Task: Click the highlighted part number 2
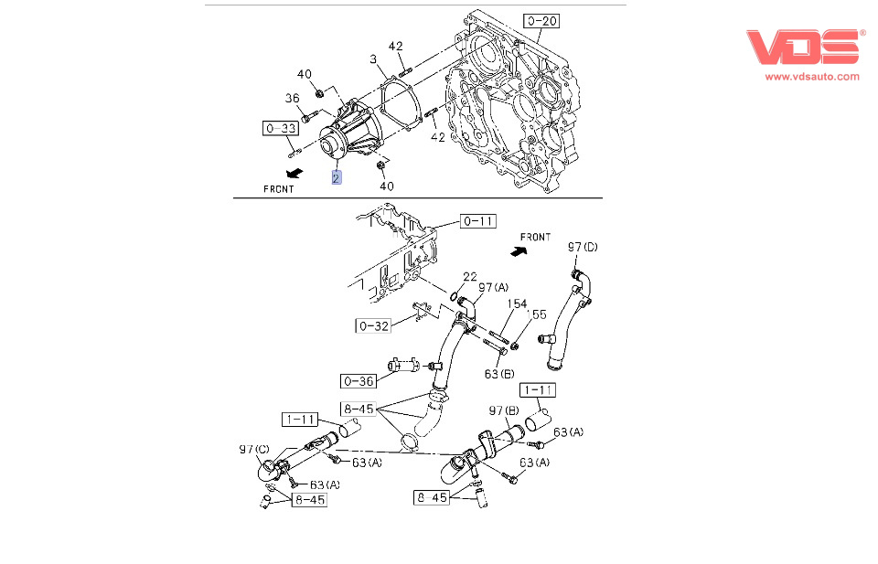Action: (337, 177)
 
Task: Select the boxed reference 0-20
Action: (541, 20)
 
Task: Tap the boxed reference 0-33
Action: (281, 129)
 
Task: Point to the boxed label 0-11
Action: (477, 220)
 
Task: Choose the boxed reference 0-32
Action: (373, 325)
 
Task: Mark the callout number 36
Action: (292, 99)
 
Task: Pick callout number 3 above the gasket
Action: (373, 59)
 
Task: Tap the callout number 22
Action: (469, 277)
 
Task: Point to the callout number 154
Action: (518, 304)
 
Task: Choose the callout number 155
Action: (540, 314)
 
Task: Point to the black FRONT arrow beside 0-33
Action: (294, 173)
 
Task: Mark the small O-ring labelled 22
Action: (455, 295)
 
